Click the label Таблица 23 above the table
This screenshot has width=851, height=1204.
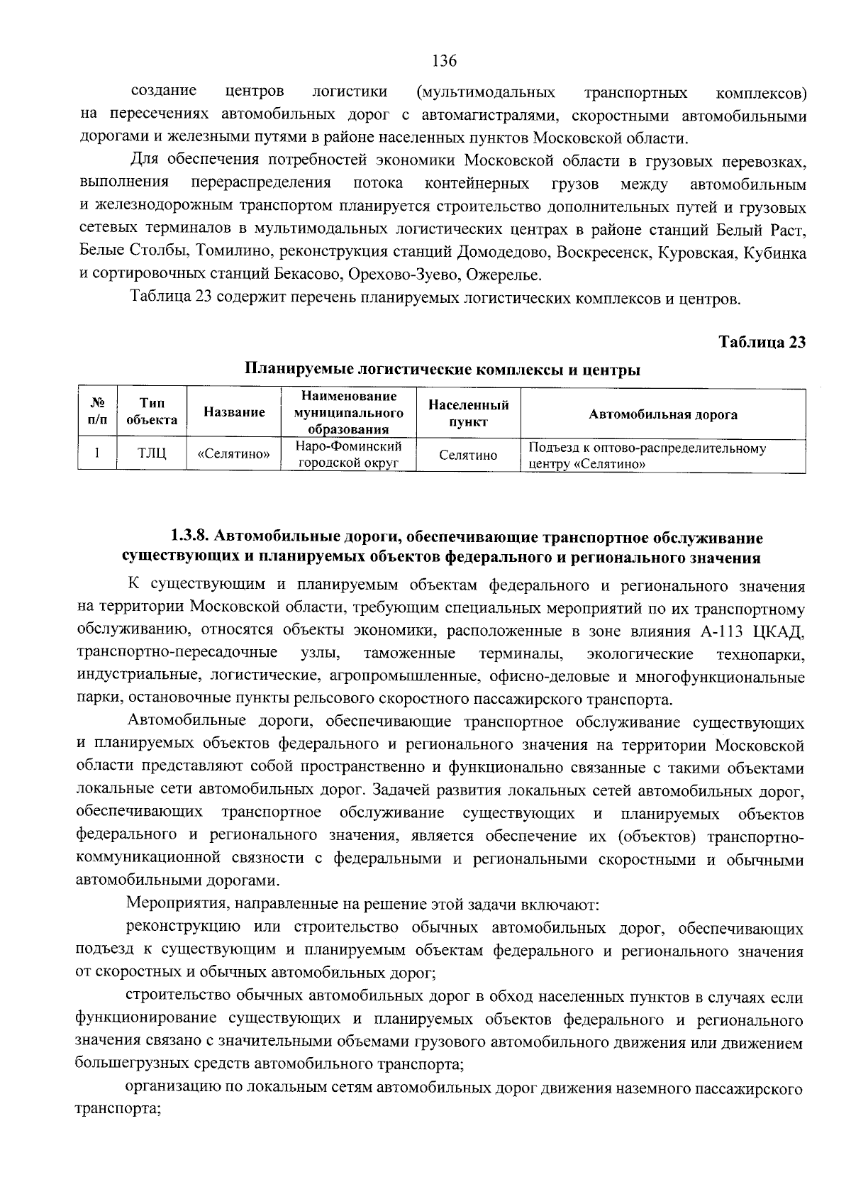[x=762, y=342]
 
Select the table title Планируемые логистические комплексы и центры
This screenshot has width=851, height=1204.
[x=443, y=370]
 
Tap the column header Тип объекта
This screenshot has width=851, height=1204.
[x=152, y=412]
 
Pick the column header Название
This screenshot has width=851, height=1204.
[x=234, y=412]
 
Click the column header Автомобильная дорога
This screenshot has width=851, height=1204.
[x=662, y=415]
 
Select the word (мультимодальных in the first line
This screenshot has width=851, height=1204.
[x=486, y=93]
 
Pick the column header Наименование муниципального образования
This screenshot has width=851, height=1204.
[x=349, y=412]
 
